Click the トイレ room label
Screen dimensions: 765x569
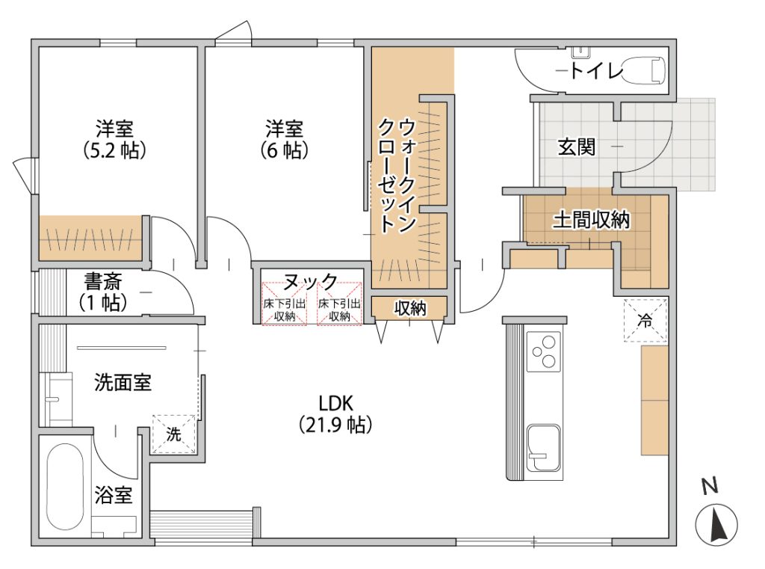(597, 72)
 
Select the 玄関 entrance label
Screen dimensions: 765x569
(576, 147)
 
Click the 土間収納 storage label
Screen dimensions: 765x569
(591, 221)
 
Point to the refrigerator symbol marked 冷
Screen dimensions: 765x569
(645, 321)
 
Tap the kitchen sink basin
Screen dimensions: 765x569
(544, 448)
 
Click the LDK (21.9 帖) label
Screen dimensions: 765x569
(335, 414)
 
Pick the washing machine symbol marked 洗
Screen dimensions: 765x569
(173, 434)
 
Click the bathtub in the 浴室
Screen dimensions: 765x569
(65, 487)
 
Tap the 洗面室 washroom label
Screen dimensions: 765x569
(123, 382)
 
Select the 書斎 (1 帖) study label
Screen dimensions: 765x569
(103, 292)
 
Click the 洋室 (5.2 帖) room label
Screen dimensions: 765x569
(114, 140)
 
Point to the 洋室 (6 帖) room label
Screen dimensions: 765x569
(285, 140)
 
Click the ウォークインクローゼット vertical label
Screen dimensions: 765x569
(396, 174)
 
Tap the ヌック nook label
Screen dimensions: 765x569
(310, 282)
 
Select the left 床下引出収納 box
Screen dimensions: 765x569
(285, 304)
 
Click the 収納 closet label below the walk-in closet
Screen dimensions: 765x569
(410, 308)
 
